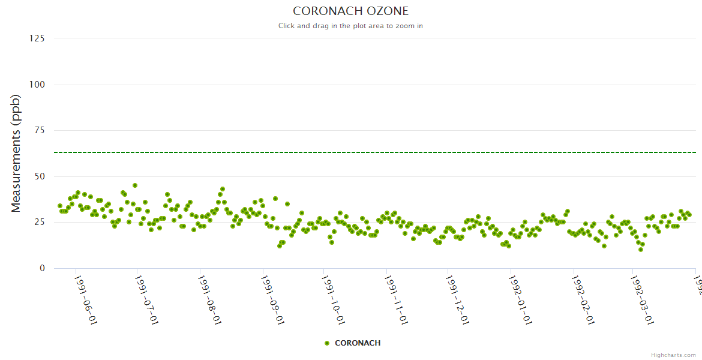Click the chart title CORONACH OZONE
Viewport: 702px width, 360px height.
tap(350, 11)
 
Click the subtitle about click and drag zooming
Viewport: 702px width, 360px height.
tap(350, 26)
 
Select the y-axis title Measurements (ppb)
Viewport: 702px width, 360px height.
tap(16, 154)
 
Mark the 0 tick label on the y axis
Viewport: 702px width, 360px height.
tap(41, 268)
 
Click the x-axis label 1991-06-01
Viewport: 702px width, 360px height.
tap(85, 300)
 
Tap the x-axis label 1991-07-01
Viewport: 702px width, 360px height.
tap(147, 300)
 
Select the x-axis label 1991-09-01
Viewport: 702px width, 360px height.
tap(272, 300)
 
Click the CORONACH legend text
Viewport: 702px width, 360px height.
tap(358, 343)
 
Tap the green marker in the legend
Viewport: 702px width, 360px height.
tap(327, 343)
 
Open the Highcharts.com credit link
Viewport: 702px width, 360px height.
tap(673, 355)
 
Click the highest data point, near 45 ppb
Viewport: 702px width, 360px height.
tap(135, 185)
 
